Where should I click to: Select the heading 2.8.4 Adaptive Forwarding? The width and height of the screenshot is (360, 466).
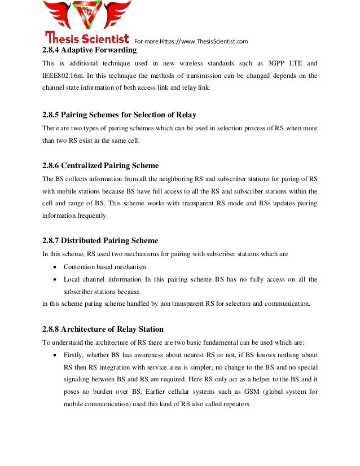tap(89, 50)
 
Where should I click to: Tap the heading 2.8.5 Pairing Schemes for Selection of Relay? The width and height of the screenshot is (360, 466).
tap(119, 115)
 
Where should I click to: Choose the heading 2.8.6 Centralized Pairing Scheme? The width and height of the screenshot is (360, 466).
tap(100, 165)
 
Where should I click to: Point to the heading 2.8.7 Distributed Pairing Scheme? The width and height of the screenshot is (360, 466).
tap(100, 241)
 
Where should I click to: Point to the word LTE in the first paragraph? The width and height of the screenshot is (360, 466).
tap(293, 63)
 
